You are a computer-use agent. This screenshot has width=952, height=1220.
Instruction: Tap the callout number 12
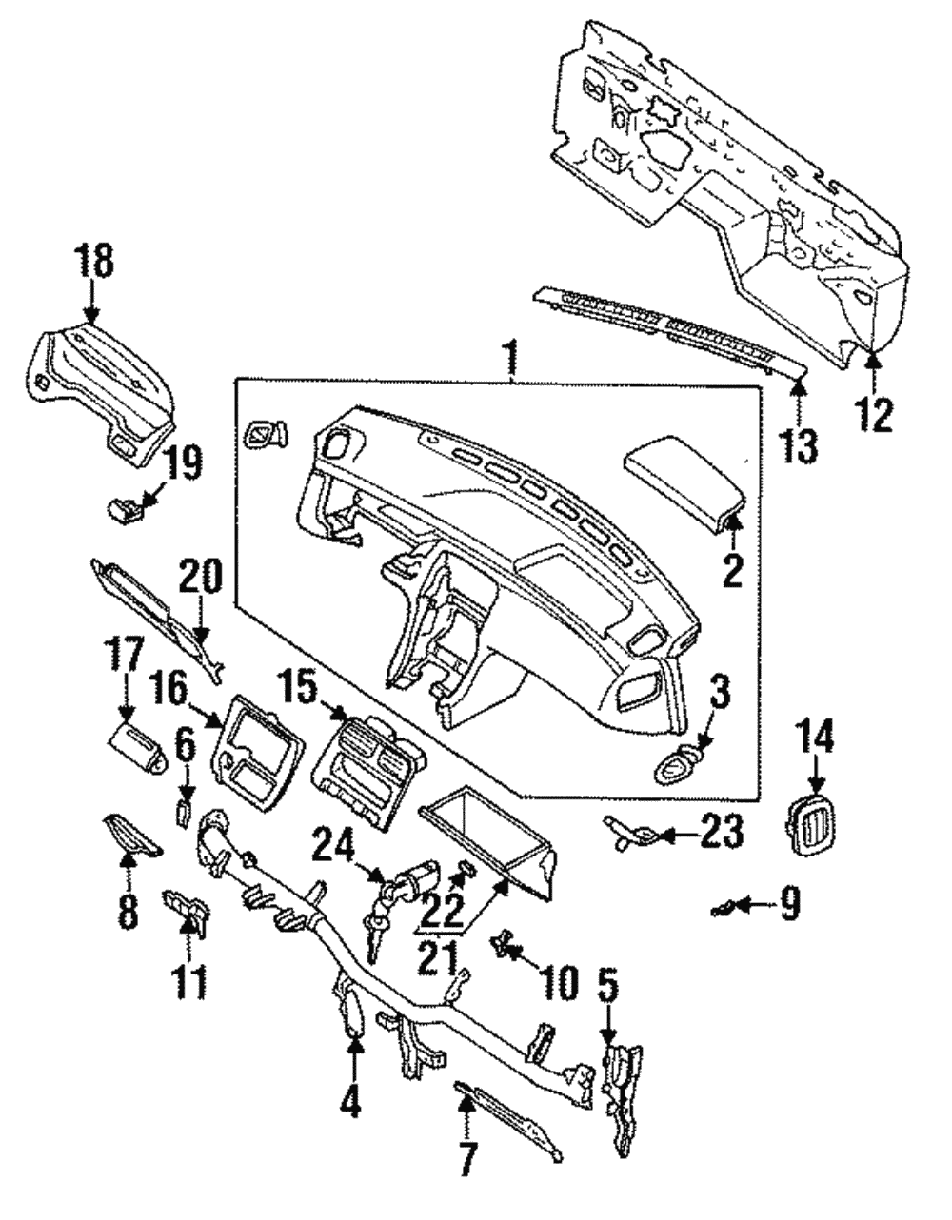tap(874, 413)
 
